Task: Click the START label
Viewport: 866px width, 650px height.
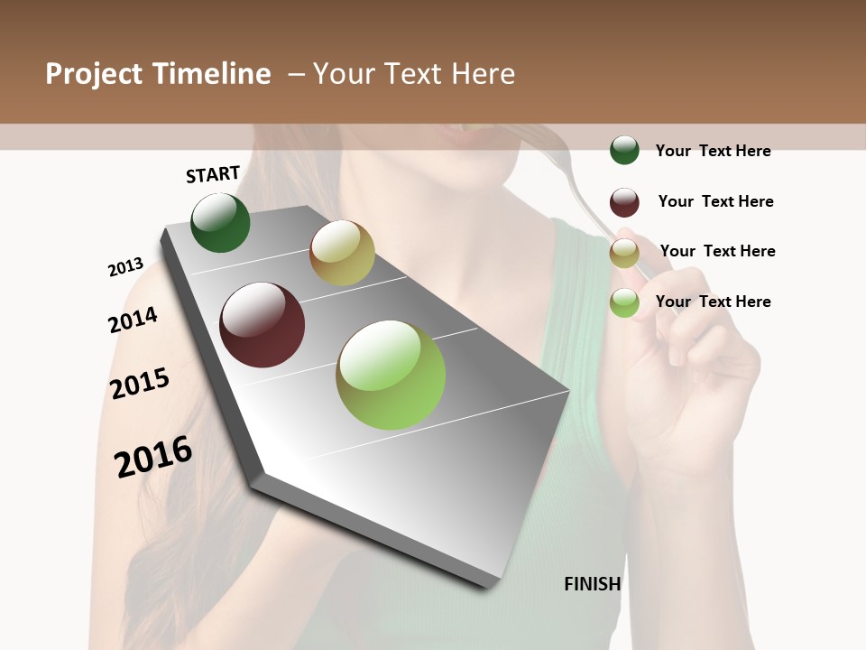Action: click(213, 174)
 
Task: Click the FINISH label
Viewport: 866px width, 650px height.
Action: click(593, 584)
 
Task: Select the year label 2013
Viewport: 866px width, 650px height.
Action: click(125, 267)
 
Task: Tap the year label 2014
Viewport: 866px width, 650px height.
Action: click(133, 320)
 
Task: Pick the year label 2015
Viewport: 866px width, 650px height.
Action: click(140, 383)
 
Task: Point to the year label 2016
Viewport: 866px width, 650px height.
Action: click(153, 456)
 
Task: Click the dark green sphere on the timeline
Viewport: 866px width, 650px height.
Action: click(220, 223)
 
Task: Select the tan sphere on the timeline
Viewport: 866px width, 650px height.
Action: click(342, 253)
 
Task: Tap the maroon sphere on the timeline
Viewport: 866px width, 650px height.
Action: click(263, 325)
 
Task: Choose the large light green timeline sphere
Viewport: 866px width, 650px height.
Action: click(391, 375)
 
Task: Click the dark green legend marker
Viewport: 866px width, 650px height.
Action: click(624, 150)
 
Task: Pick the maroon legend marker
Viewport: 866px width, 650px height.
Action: click(624, 202)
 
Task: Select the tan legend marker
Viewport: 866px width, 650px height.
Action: click(624, 253)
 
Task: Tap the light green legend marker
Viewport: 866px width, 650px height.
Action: click(624, 303)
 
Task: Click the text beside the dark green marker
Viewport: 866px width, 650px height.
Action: click(713, 151)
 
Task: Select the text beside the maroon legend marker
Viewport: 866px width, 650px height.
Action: click(715, 201)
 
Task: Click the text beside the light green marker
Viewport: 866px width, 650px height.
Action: click(713, 302)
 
